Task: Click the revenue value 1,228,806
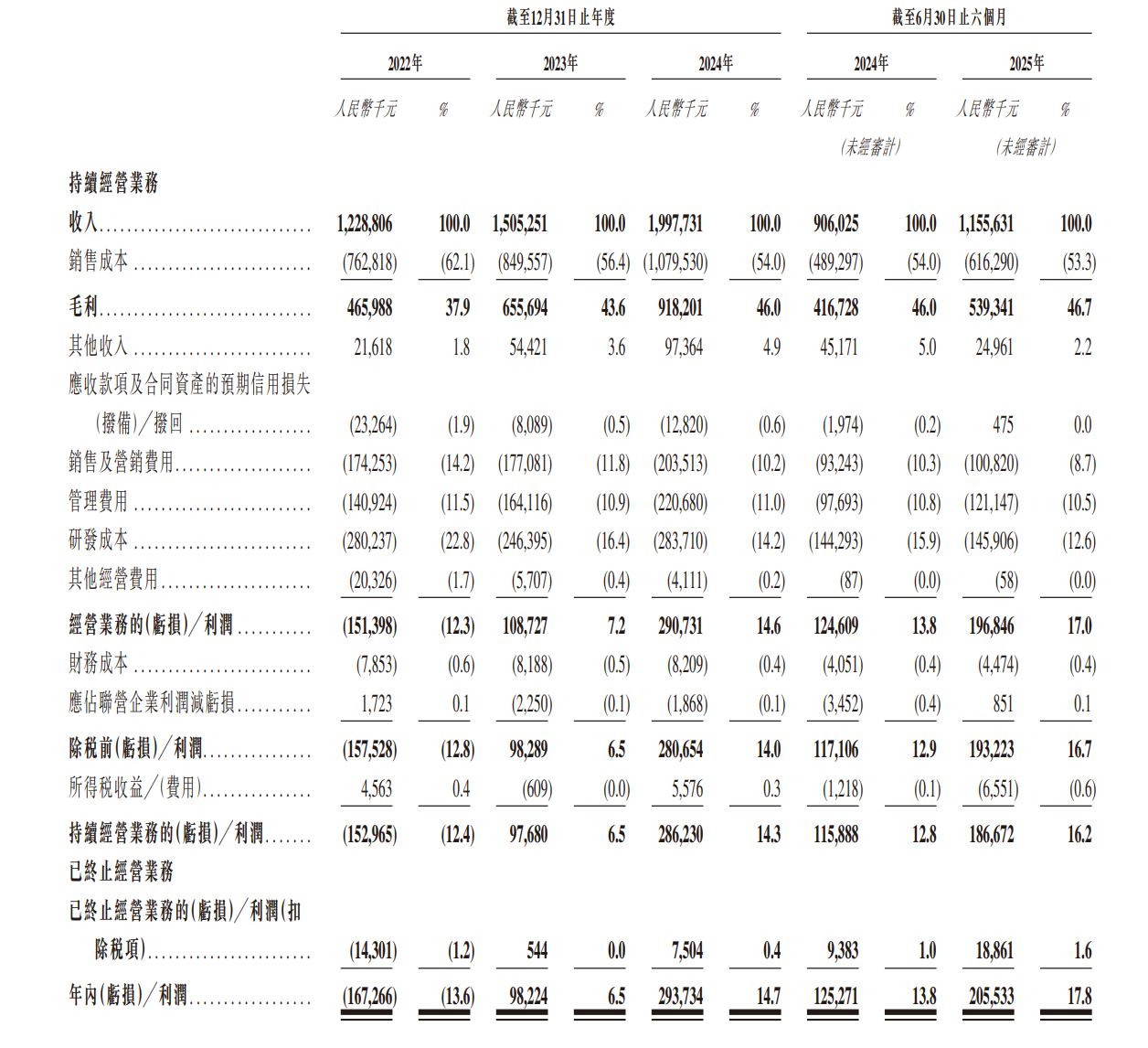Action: pos(367,224)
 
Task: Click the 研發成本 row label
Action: pos(99,540)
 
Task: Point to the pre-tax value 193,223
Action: pos(991,750)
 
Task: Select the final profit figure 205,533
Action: pos(991,995)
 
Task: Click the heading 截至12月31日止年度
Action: pos(560,17)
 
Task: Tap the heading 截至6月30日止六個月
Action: pos(948,17)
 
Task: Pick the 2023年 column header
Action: pos(560,63)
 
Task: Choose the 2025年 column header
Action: pos(1026,63)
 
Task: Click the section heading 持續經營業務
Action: pos(114,183)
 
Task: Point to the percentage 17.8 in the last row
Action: pos(1079,995)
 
